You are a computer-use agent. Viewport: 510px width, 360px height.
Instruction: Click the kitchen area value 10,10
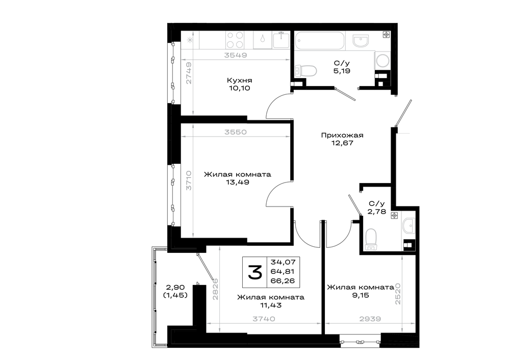click(x=239, y=88)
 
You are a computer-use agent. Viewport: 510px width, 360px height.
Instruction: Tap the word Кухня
click(x=239, y=80)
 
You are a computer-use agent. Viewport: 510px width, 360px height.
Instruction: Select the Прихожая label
click(x=342, y=135)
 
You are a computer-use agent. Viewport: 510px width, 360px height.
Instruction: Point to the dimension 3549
click(x=236, y=55)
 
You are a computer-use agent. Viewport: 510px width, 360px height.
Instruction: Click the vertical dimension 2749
click(x=189, y=73)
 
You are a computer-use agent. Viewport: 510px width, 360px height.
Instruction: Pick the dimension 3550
click(x=236, y=132)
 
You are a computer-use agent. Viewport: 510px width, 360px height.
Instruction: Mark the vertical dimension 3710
click(x=189, y=181)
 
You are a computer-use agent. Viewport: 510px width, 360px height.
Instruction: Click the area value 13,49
click(x=238, y=182)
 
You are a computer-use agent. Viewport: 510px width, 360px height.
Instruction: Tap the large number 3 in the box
click(x=255, y=272)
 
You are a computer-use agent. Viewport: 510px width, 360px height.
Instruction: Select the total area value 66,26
click(x=283, y=280)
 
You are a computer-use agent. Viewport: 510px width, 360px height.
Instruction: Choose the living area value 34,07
click(x=283, y=262)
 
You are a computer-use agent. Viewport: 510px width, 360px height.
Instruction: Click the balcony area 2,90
click(x=175, y=288)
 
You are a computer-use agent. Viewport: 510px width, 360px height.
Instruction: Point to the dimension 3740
click(x=264, y=319)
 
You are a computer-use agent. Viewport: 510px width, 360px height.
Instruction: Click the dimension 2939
click(x=370, y=319)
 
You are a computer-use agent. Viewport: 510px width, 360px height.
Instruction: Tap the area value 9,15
click(x=361, y=295)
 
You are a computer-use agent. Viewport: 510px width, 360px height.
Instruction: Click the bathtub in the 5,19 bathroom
click(x=319, y=40)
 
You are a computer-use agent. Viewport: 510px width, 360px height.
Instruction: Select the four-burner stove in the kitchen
click(x=235, y=40)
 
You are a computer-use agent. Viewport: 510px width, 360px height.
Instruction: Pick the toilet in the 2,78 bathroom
click(x=371, y=240)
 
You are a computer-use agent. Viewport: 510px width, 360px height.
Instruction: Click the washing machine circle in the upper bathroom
click(x=382, y=61)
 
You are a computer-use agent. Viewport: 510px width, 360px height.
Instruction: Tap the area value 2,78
click(x=377, y=212)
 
